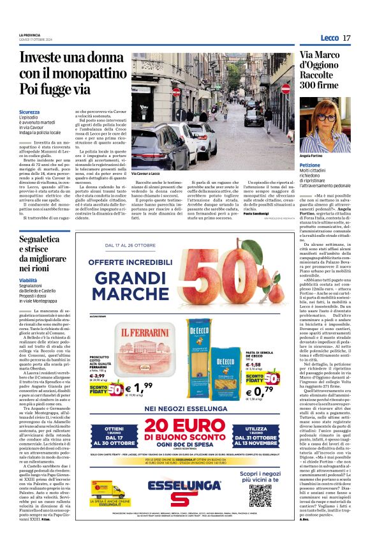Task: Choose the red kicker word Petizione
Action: point(312,165)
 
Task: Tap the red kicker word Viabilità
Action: point(27,280)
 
